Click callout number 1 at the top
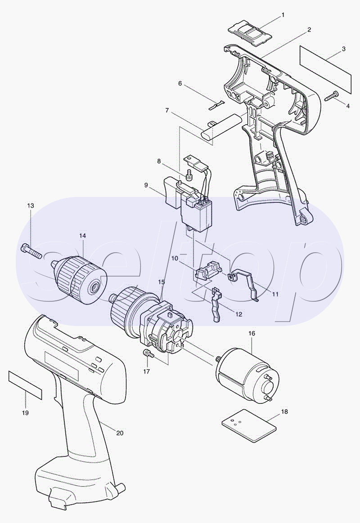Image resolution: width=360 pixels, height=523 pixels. click(283, 15)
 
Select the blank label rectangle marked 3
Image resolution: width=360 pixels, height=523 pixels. click(325, 70)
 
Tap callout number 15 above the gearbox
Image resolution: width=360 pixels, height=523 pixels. click(161, 282)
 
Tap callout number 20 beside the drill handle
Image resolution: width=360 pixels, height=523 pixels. click(120, 433)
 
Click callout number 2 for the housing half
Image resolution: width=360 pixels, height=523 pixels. click(309, 30)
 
